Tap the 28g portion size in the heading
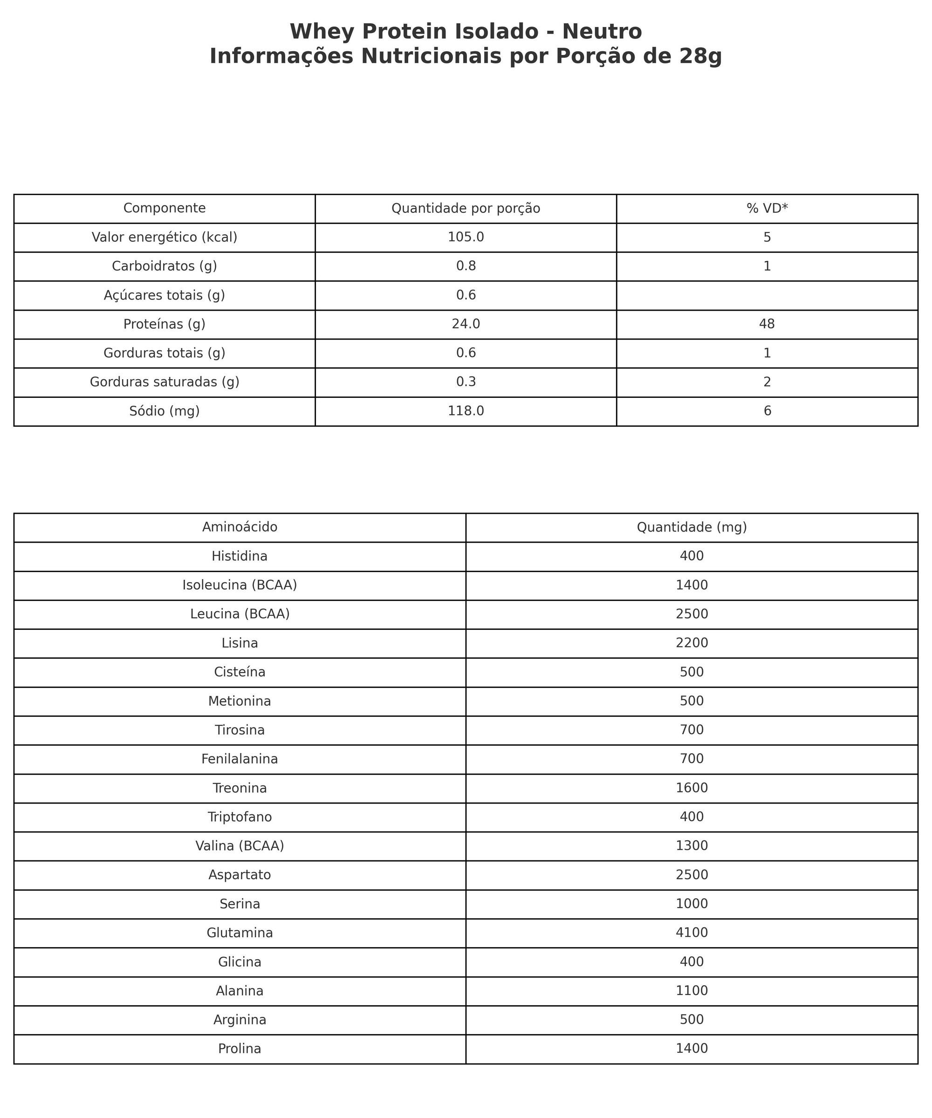(700, 56)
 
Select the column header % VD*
(767, 209)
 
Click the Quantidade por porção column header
(466, 209)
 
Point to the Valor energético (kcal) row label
(164, 238)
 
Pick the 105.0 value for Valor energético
(466, 238)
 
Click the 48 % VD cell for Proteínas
(767, 324)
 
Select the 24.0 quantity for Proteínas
(466, 324)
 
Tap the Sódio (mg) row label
(164, 411)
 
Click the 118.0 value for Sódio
(466, 411)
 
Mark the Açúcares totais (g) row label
(164, 295)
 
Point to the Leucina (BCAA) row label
(240, 614)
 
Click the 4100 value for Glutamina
(692, 933)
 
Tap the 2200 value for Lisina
(692, 643)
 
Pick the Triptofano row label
(240, 817)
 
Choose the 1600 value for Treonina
(692, 788)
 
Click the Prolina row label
(240, 1049)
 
